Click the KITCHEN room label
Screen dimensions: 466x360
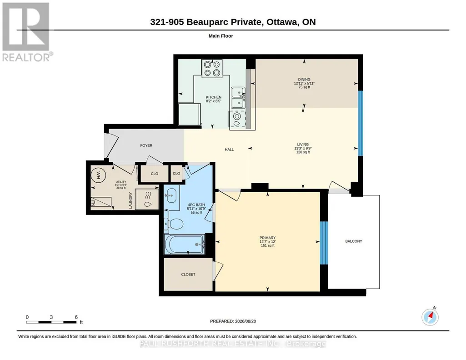[x=214, y=97]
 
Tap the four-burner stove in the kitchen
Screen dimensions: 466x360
[x=212, y=68]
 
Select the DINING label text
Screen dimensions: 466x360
[x=304, y=79]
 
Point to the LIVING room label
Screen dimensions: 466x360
[x=303, y=145]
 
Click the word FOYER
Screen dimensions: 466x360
[x=146, y=145]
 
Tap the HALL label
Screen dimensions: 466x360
[x=229, y=150]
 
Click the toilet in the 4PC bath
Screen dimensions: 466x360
[x=173, y=224]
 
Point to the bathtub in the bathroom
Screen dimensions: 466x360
[x=184, y=245]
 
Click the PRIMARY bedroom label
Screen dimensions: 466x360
[x=267, y=238]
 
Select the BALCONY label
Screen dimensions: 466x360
[x=354, y=241]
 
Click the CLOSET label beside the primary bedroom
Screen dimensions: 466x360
[x=188, y=275]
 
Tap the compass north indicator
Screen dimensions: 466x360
[x=430, y=317]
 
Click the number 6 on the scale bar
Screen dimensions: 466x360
[x=76, y=317]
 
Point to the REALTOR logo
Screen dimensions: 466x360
[x=26, y=32]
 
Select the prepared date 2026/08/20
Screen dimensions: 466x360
[x=246, y=321]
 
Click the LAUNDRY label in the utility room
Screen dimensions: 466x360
[x=130, y=200]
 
